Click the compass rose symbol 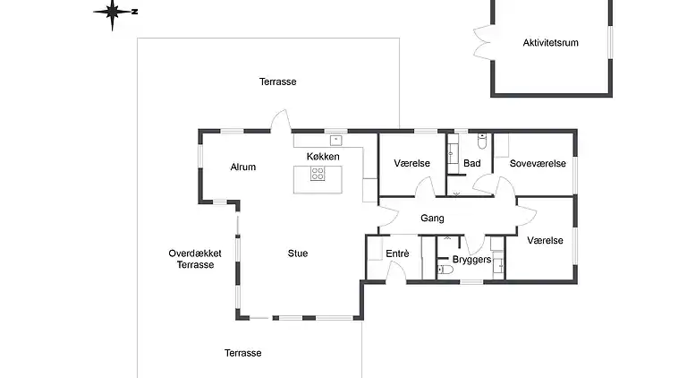[x=114, y=13]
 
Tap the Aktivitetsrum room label [x=550, y=43]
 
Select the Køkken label [x=323, y=157]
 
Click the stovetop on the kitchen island [x=318, y=174]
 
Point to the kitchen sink [x=335, y=141]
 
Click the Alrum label [x=243, y=168]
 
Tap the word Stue [x=298, y=253]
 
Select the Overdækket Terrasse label [x=195, y=259]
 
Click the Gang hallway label [x=432, y=219]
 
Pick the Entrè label [x=397, y=253]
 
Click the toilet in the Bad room [x=482, y=142]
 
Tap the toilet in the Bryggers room [x=445, y=270]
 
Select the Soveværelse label [x=538, y=164]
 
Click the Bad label [x=472, y=163]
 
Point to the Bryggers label [x=472, y=260]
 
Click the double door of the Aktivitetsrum [x=483, y=42]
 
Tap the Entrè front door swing [x=396, y=271]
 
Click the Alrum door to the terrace [x=281, y=121]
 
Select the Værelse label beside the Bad [x=411, y=164]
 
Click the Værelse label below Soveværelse [x=545, y=241]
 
